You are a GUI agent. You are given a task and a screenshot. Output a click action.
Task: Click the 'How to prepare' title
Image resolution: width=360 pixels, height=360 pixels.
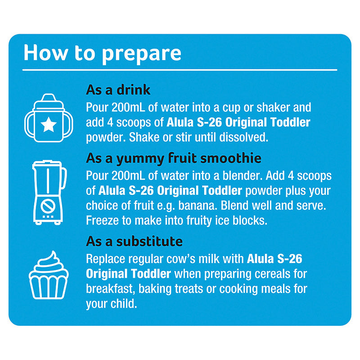[103, 54]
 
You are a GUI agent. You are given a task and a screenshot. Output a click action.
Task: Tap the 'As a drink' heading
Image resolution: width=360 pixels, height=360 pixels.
[118, 90]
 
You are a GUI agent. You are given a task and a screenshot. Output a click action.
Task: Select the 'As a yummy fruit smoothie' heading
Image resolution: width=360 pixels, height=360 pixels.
[174, 158]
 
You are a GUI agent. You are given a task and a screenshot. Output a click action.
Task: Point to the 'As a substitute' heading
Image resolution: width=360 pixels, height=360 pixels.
[134, 241]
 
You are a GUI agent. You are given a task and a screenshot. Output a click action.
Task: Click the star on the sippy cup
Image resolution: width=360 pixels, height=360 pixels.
[49, 124]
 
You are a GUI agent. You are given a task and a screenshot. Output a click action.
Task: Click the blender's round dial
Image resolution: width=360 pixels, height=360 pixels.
[48, 206]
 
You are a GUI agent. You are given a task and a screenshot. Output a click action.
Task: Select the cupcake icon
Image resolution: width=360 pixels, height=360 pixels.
[49, 275]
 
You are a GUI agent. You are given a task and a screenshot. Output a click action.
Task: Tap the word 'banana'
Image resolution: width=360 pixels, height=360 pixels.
[198, 206]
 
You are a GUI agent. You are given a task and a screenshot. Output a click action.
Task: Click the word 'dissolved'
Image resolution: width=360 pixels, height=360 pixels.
[243, 137]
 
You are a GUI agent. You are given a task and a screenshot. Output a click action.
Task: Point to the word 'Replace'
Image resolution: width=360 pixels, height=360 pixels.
[105, 259]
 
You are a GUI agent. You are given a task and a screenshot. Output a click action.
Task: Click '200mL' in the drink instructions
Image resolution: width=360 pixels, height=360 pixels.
[128, 108]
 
